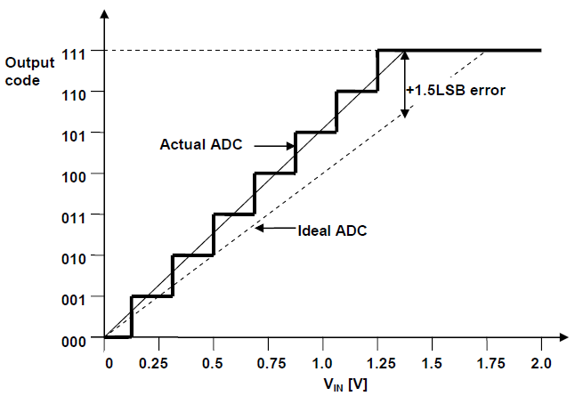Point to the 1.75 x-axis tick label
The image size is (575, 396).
486,364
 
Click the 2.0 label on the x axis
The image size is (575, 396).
540,364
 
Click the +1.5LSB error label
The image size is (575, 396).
455,91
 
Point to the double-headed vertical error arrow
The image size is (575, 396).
405,84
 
